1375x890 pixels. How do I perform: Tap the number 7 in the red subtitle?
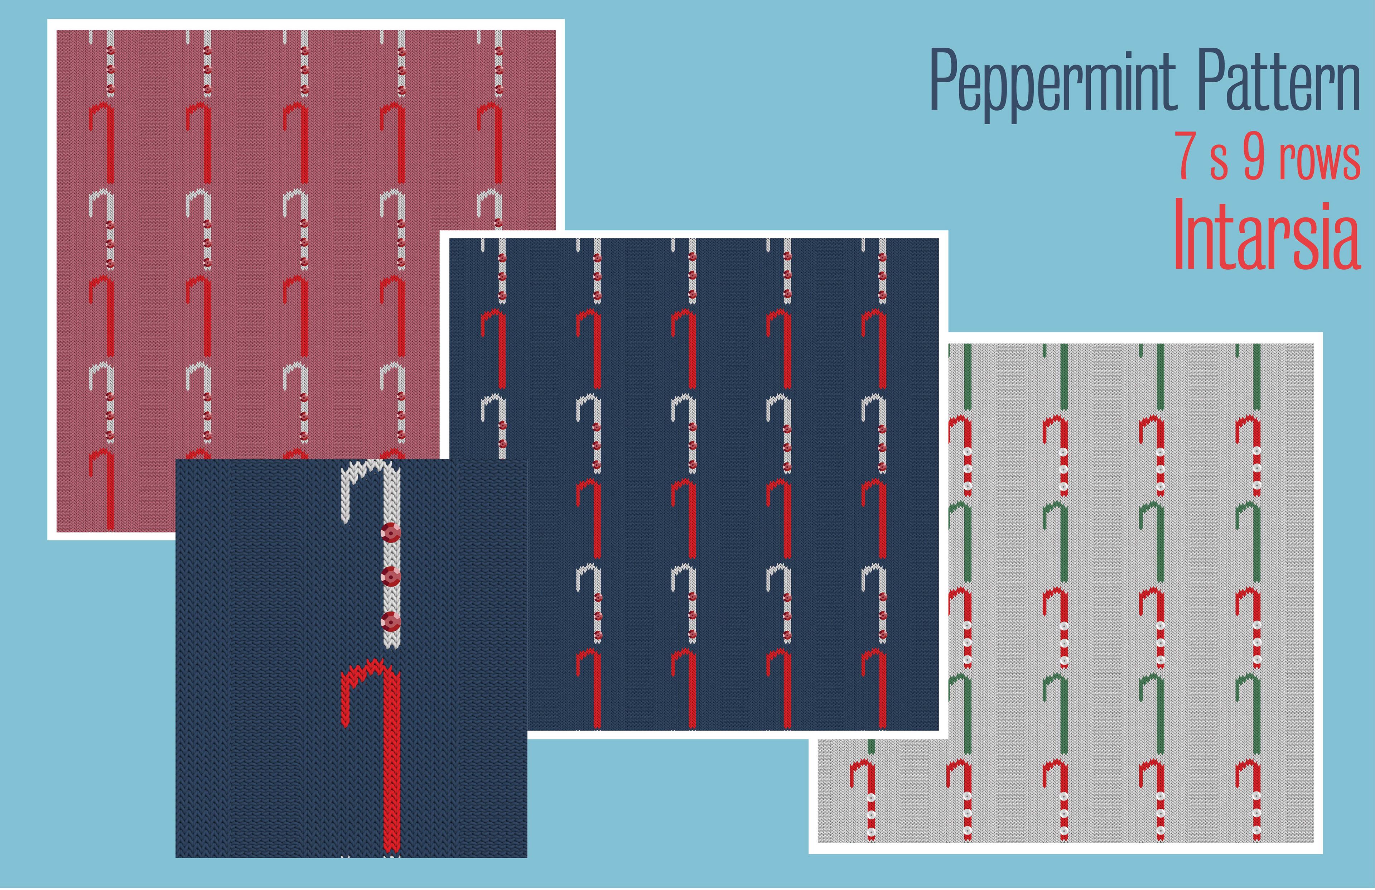point(1186,156)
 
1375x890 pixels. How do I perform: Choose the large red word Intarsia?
point(1267,236)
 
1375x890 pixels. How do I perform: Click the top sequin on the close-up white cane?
point(391,532)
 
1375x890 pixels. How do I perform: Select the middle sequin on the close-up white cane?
point(391,576)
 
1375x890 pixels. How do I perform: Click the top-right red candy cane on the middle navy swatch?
point(875,347)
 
